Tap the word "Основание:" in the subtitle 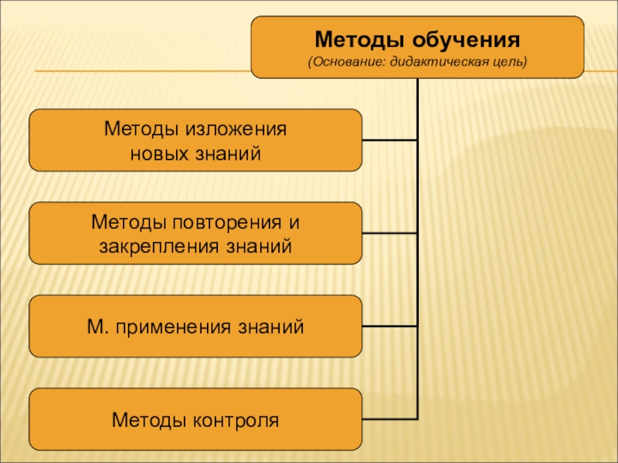point(346,61)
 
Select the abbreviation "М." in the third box point(97,326)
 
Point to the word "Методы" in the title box point(358,39)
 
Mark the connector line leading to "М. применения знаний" point(389,326)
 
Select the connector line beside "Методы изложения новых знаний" point(389,140)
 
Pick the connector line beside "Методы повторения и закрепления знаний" point(389,233)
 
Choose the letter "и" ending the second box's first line point(293,222)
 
